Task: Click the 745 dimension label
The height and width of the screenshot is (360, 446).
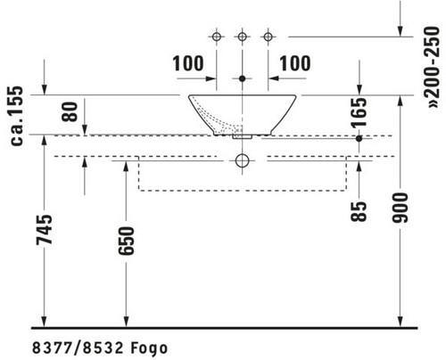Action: pos(44,230)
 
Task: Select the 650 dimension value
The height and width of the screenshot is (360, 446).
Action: pos(126,241)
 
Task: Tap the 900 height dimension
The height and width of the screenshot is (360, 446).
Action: pos(401,208)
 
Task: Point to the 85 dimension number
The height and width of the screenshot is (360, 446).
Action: pos(359,211)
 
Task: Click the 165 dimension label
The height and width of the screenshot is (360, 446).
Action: pos(359,112)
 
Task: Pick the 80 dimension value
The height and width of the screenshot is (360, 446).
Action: pos(70,111)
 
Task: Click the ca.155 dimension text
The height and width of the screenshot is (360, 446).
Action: pos(16,116)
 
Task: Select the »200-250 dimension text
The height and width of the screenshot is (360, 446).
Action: pos(432,68)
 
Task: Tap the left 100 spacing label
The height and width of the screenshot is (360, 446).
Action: pos(188,63)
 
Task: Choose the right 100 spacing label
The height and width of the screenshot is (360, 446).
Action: pos(295,63)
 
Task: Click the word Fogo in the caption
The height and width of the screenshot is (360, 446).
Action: pos(149,348)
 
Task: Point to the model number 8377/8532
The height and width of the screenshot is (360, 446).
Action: pos(78,348)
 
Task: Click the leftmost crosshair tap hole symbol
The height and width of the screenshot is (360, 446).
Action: pos(217,37)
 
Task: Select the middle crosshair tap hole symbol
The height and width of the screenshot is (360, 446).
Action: pos(243,37)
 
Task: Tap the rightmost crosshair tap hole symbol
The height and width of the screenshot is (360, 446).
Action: pos(268,37)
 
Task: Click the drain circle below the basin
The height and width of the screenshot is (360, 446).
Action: pos(243,154)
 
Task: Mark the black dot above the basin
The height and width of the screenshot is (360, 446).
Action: pos(243,78)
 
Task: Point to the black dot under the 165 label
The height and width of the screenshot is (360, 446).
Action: pos(359,138)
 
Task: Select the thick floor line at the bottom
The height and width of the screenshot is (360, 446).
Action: pos(225,328)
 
